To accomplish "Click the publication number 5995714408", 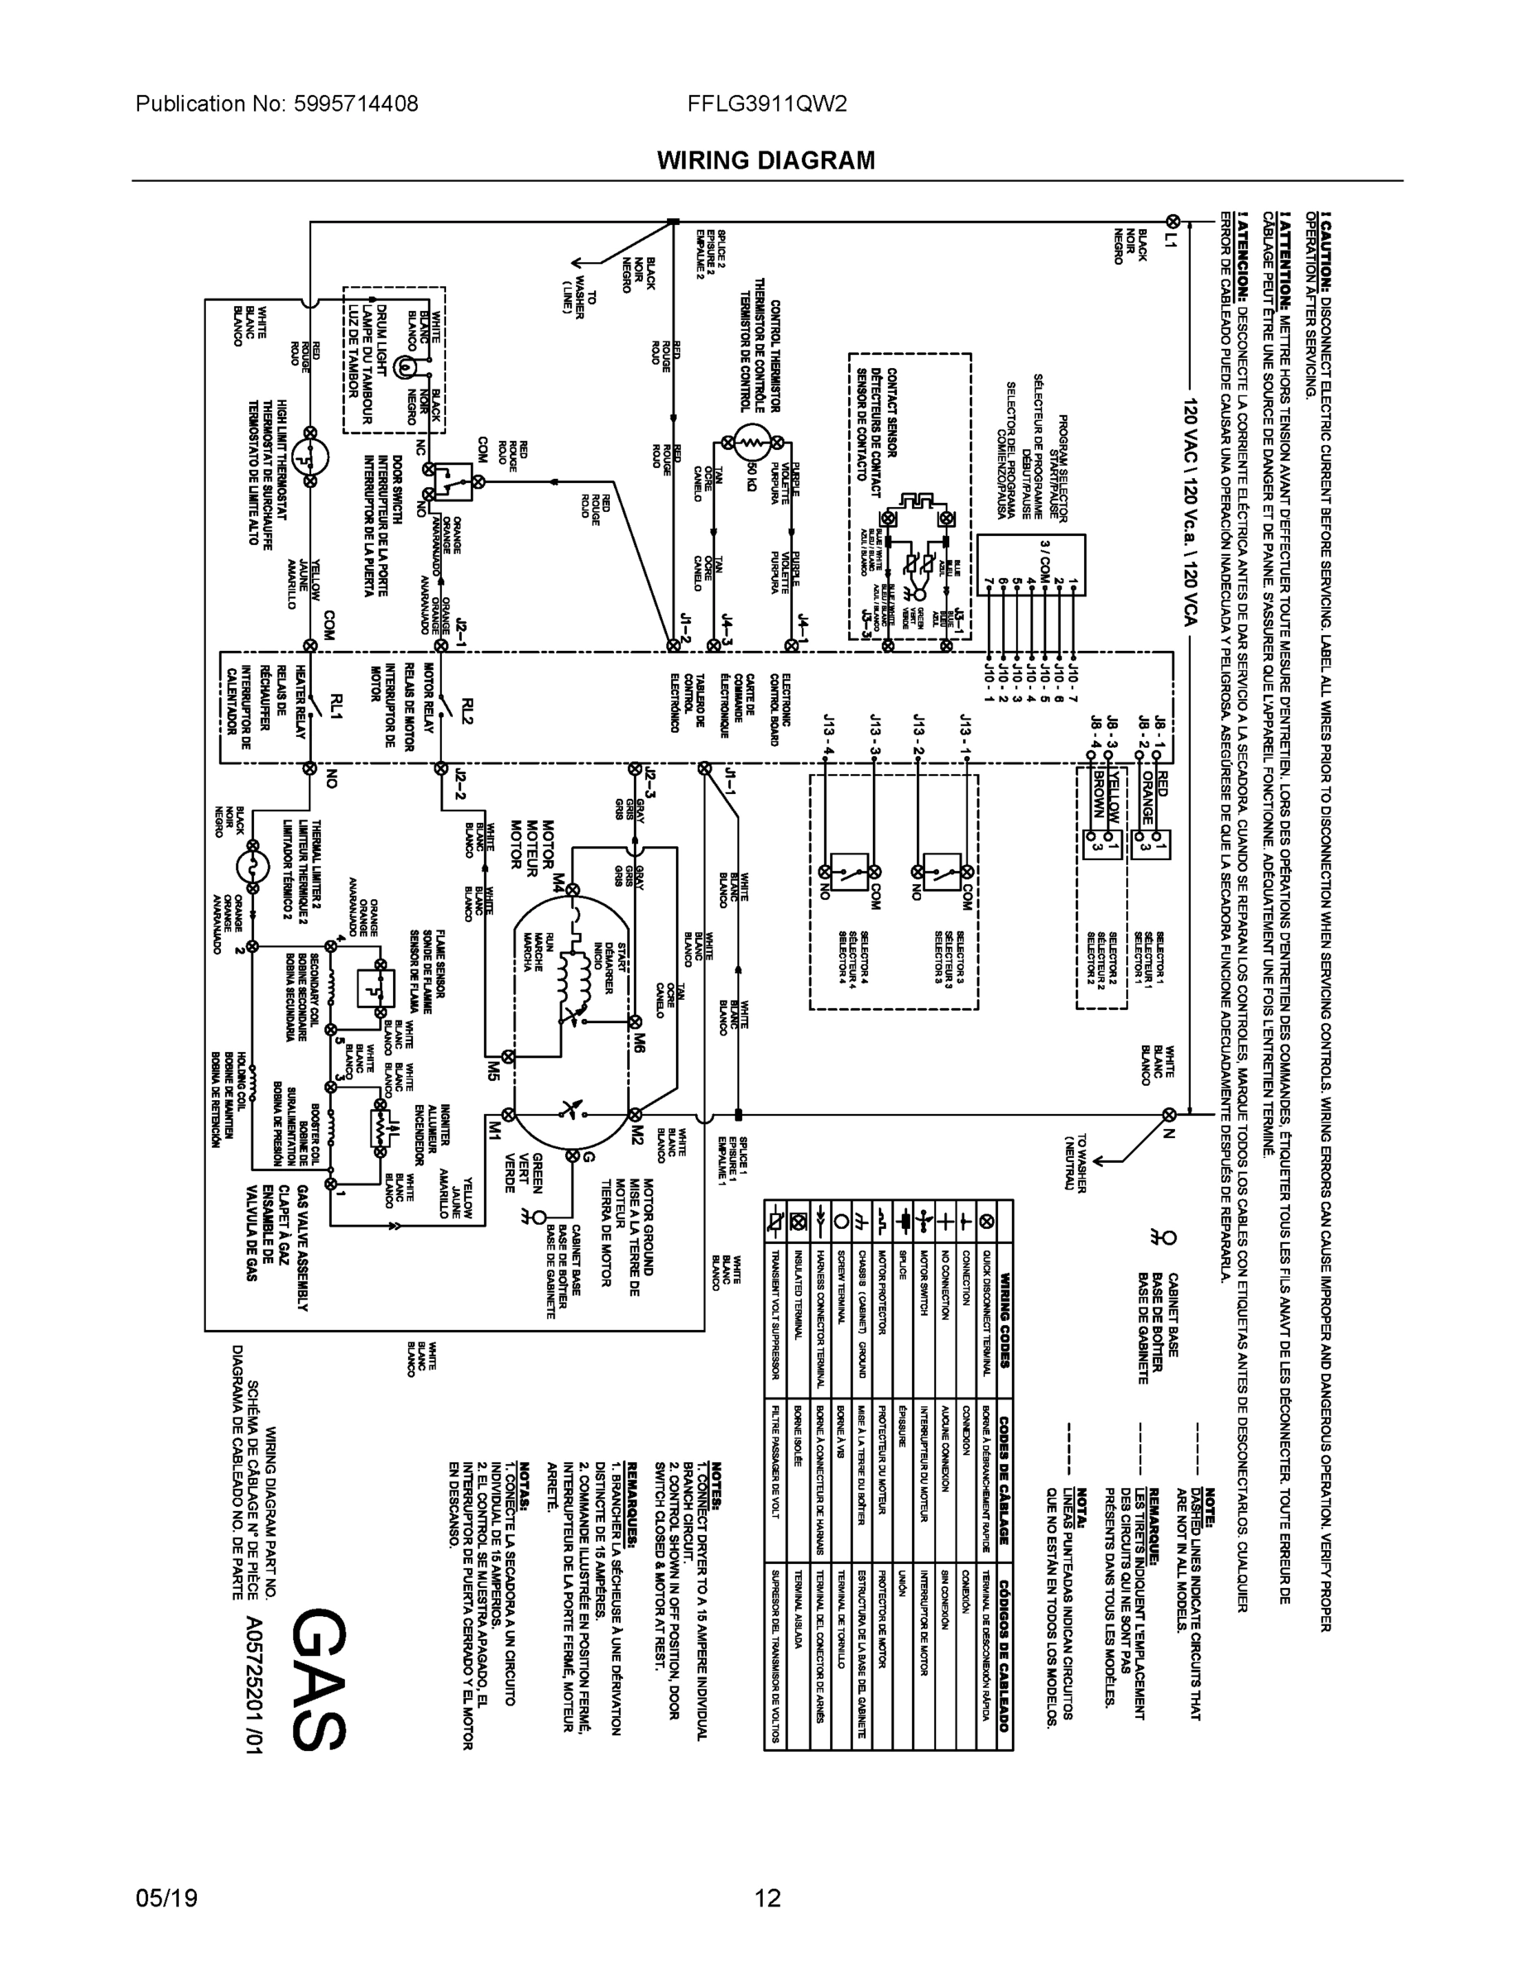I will pos(356,103).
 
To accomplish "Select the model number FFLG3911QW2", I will pos(768,103).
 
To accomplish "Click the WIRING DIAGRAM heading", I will pos(765,161).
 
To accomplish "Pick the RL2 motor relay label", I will pos(468,710).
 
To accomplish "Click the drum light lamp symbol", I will pos(404,366).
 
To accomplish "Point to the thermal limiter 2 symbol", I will pos(254,863).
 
